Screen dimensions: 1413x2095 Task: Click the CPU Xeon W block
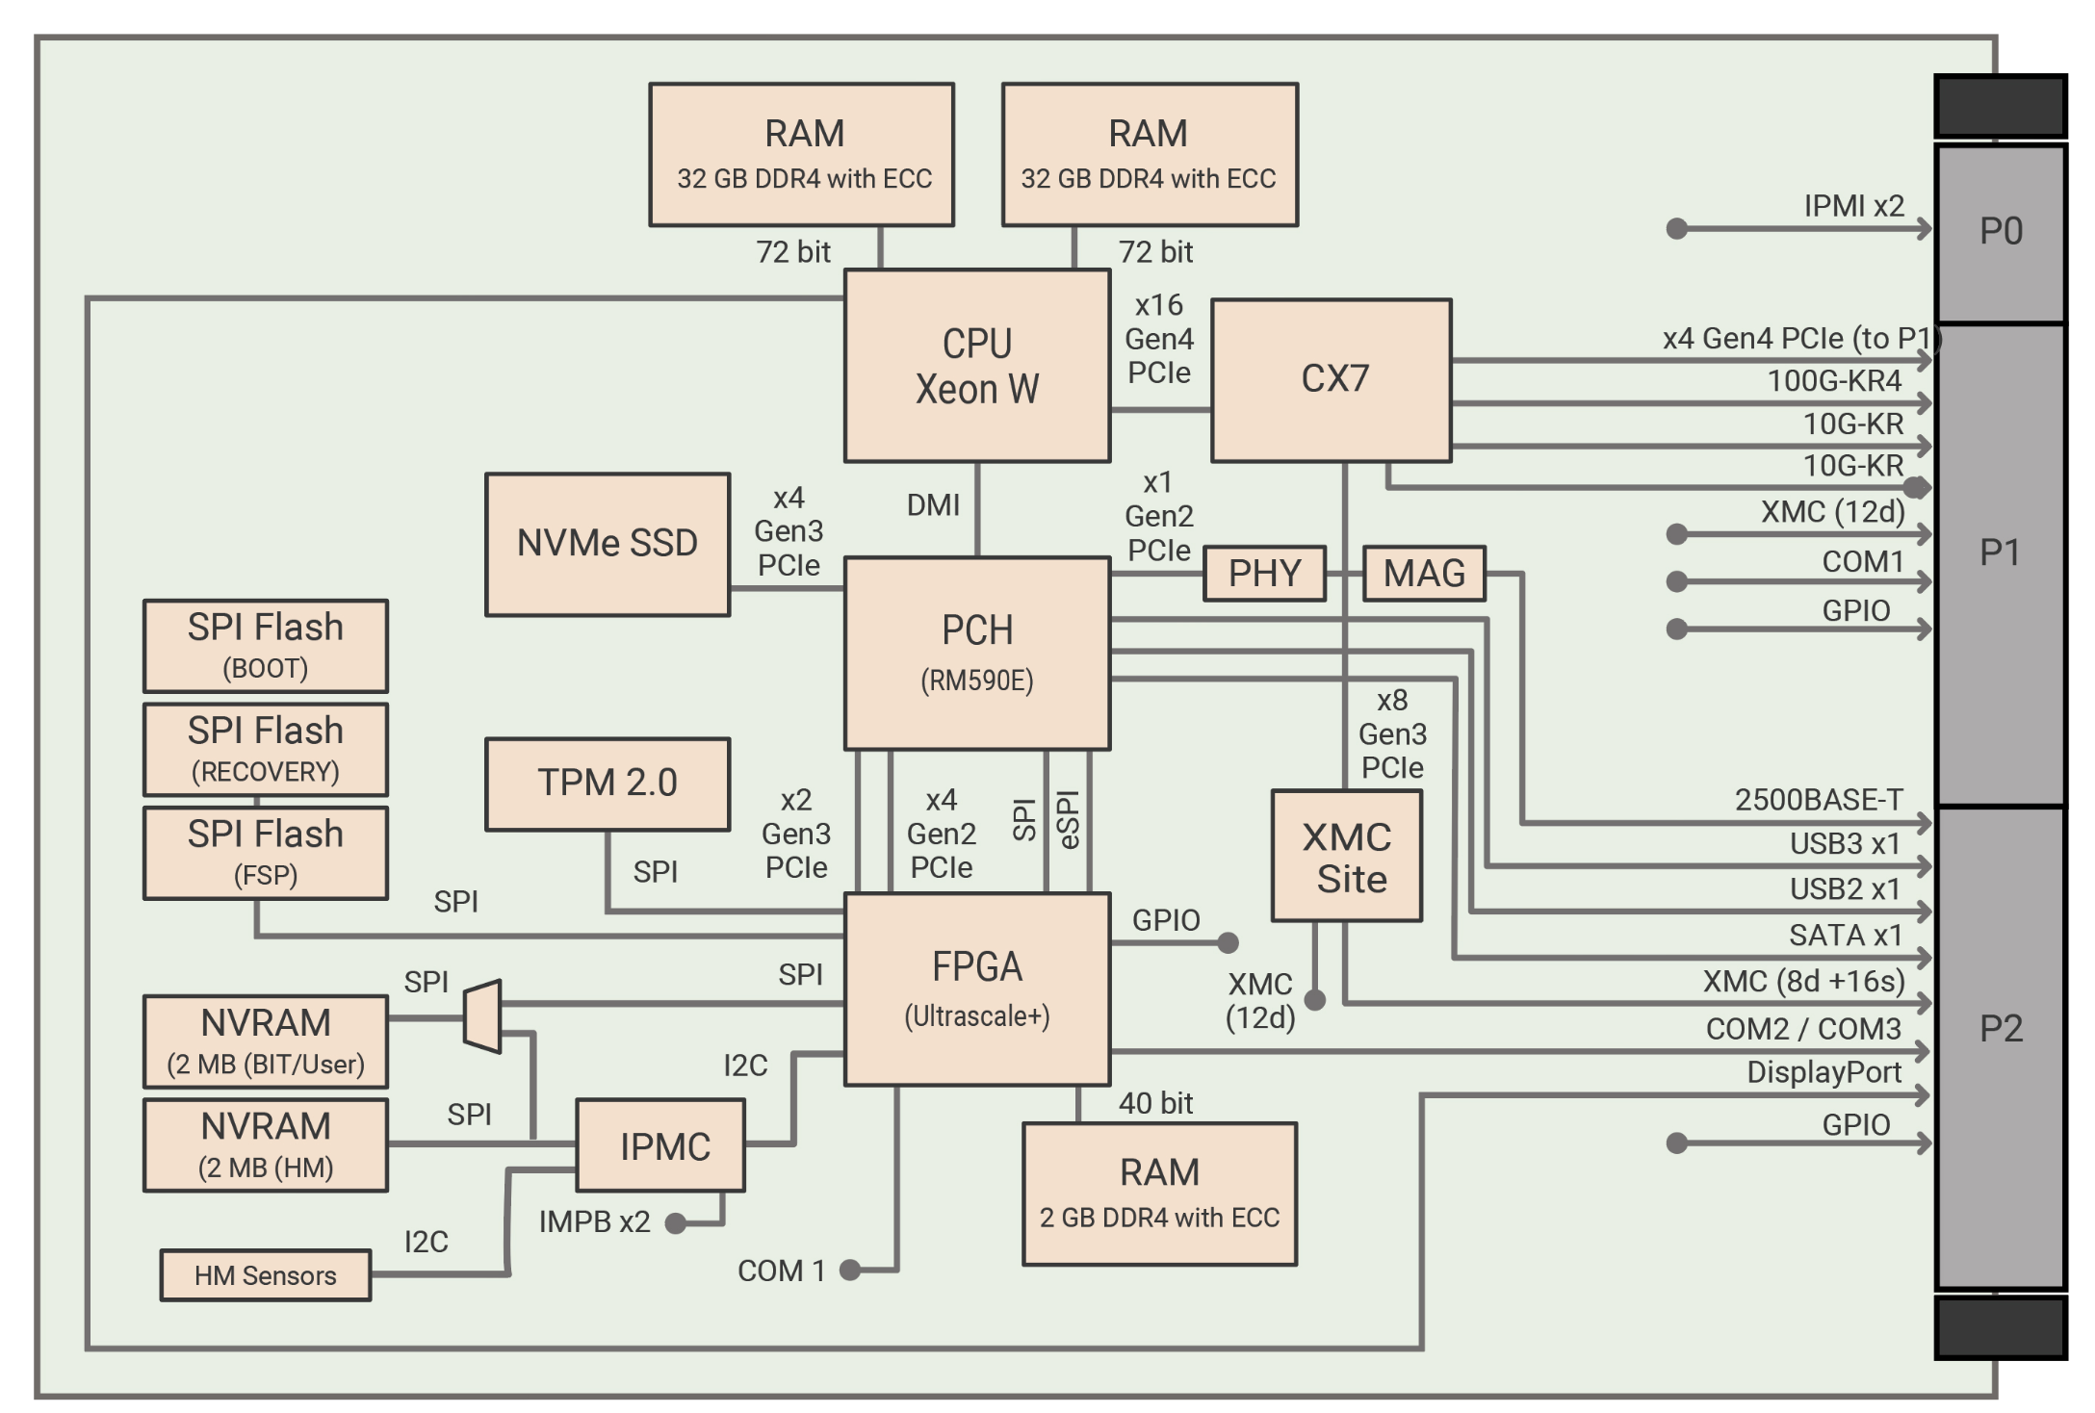[976, 366]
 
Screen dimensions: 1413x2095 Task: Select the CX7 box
[1332, 380]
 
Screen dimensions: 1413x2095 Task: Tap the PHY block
[1264, 574]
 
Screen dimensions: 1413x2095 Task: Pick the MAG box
[1424, 574]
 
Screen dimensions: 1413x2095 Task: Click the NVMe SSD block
[608, 544]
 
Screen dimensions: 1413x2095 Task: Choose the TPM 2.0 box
[608, 784]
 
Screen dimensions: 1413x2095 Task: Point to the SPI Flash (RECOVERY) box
[266, 749]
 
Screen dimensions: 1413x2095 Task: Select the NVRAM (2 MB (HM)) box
[266, 1145]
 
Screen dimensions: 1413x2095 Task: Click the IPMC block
[660, 1145]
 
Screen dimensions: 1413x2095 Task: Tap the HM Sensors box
[266, 1275]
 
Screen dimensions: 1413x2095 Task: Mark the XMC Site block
[1347, 857]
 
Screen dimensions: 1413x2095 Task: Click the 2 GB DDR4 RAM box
[1159, 1194]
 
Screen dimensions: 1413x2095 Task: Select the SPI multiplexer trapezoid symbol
[482, 1016]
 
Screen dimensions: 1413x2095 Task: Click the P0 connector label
[2001, 232]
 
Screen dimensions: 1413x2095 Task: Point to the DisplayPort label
[1823, 1072]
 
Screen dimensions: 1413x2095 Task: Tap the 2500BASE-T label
[1818, 800]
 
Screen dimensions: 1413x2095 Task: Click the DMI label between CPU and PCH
[933, 505]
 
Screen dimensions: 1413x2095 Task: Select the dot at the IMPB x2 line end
[676, 1223]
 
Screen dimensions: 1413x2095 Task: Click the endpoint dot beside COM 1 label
[849, 1271]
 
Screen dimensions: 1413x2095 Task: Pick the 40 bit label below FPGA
[1155, 1103]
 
